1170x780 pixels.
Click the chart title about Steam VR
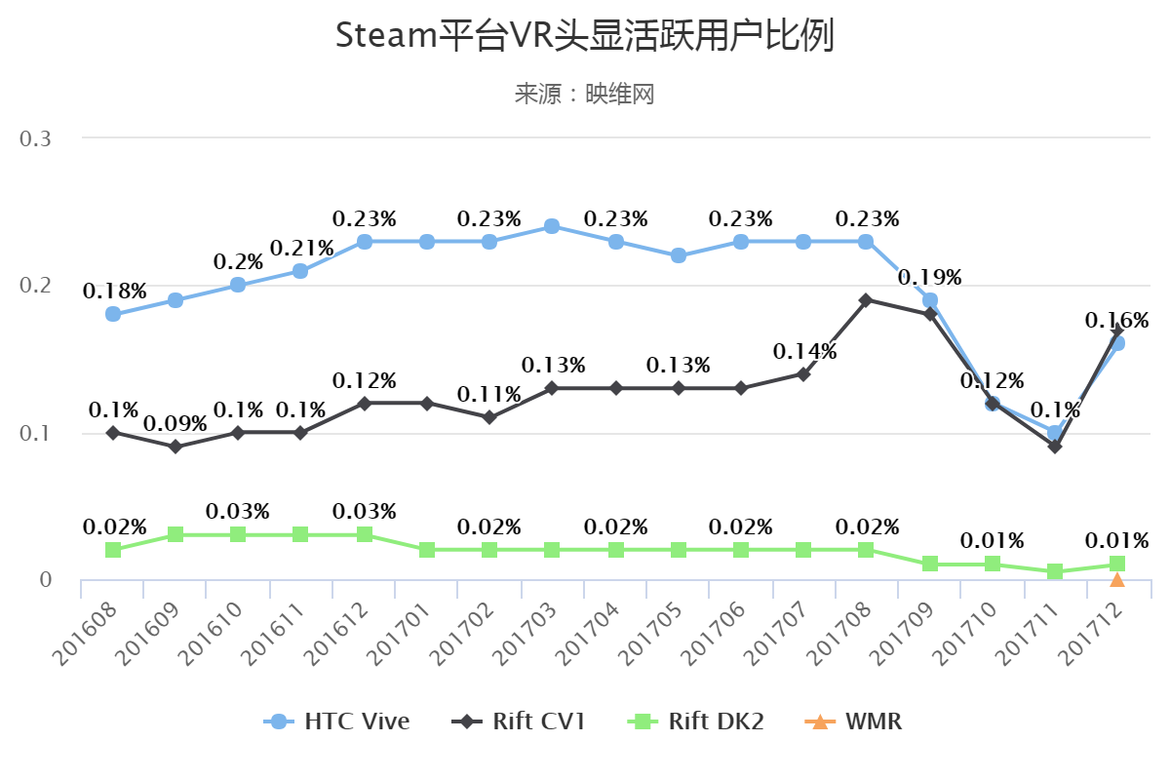pos(584,36)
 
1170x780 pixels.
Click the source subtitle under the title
pos(584,94)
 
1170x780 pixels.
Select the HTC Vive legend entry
pos(336,721)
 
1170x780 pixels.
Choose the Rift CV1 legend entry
pos(519,721)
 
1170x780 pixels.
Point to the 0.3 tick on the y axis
pos(36,138)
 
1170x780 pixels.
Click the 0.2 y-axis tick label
pos(36,286)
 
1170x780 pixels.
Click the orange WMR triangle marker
pos(1117,580)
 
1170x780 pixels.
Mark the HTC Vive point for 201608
pos(113,314)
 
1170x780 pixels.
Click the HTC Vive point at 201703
pos(552,226)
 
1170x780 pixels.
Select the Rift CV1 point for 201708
pos(866,299)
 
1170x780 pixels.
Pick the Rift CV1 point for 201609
pos(175,447)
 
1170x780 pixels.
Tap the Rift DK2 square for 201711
pos(1055,571)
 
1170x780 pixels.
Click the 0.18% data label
pos(115,291)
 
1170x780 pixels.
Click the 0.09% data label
pos(175,424)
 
